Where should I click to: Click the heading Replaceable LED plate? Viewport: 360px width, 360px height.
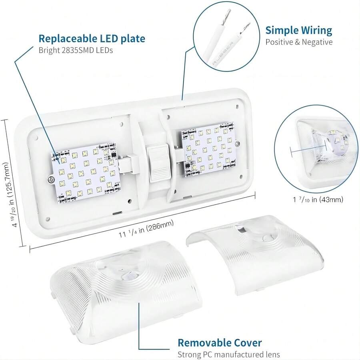(92, 39)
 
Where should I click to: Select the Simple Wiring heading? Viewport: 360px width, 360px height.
(299, 30)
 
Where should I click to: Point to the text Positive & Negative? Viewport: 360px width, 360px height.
(299, 42)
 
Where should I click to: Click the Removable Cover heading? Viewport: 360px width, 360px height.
(220, 343)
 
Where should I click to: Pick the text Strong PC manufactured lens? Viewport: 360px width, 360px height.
(228, 354)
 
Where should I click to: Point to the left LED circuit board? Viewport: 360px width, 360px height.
(85, 175)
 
